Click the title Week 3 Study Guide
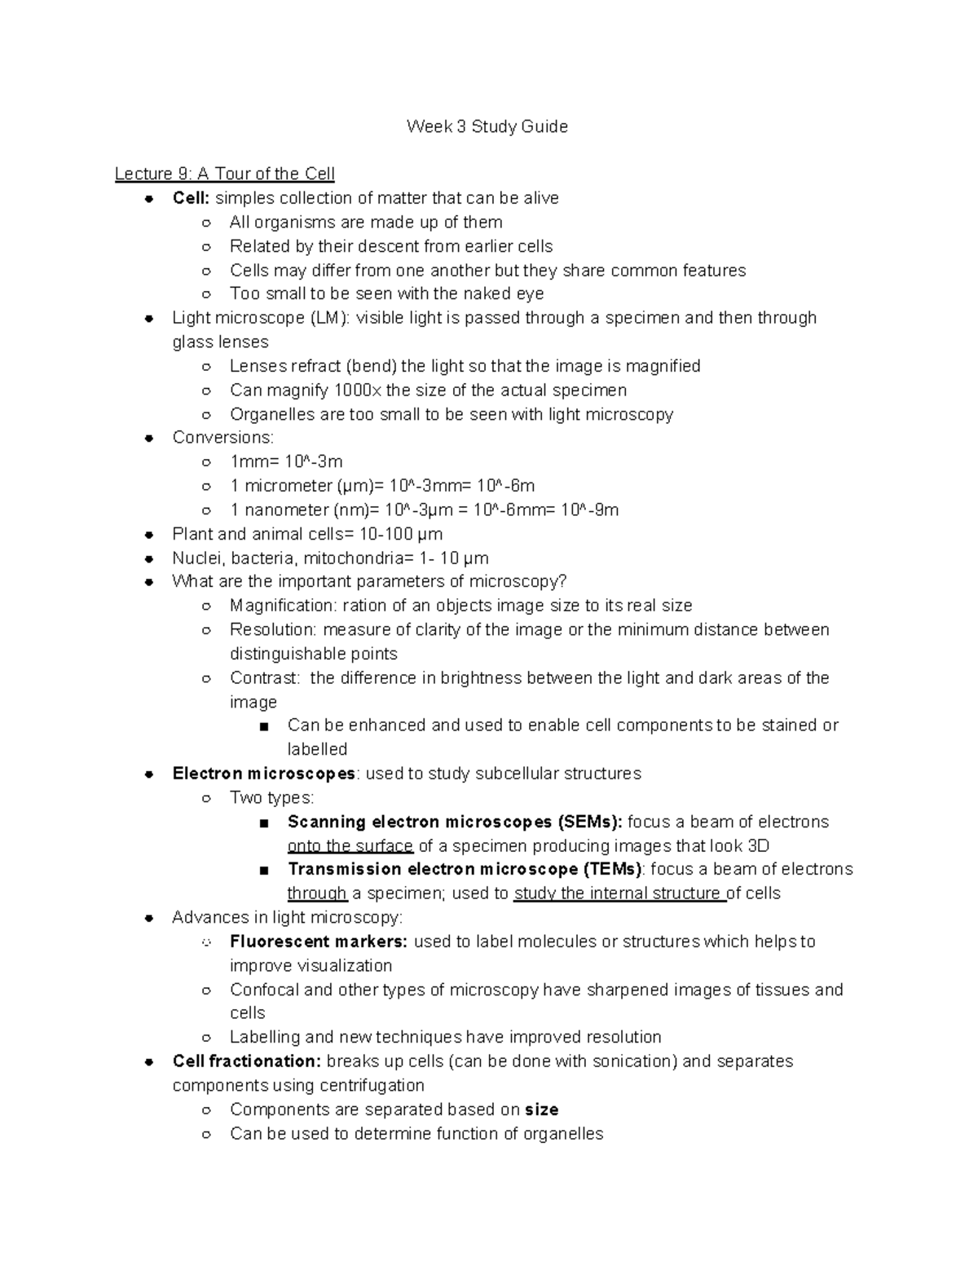coord(487,126)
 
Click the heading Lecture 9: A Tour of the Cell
coord(224,174)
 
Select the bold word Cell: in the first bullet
coord(191,198)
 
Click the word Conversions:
coord(222,438)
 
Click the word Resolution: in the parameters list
coord(273,630)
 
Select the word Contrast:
coord(265,678)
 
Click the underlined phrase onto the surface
coord(350,846)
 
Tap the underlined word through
coord(318,893)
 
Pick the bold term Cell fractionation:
coord(246,1061)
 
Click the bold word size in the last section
coord(542,1109)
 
